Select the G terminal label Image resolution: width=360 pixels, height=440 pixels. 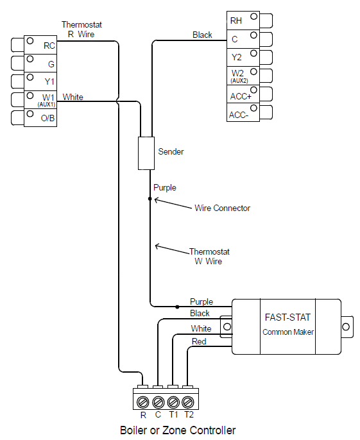tap(41, 63)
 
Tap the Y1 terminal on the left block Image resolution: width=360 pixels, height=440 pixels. tap(41, 81)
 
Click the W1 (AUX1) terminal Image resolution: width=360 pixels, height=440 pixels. tap(41, 100)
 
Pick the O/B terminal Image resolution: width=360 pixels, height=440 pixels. tap(41, 119)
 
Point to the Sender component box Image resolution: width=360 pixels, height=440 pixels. tap(146, 153)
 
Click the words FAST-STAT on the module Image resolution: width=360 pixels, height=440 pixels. tap(286, 317)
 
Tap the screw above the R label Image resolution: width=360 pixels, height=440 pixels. tap(143, 402)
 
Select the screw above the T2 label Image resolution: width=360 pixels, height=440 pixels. tap(187, 402)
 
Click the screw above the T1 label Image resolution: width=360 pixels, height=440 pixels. tap(173, 402)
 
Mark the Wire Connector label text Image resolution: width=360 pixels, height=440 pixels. tap(222, 208)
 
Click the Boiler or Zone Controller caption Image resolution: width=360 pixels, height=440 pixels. tap(178, 430)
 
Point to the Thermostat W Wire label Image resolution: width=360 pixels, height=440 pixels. tap(209, 257)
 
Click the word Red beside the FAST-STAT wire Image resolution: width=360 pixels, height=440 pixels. tap(199, 341)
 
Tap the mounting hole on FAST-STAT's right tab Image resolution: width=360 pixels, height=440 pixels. tap(346, 327)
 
